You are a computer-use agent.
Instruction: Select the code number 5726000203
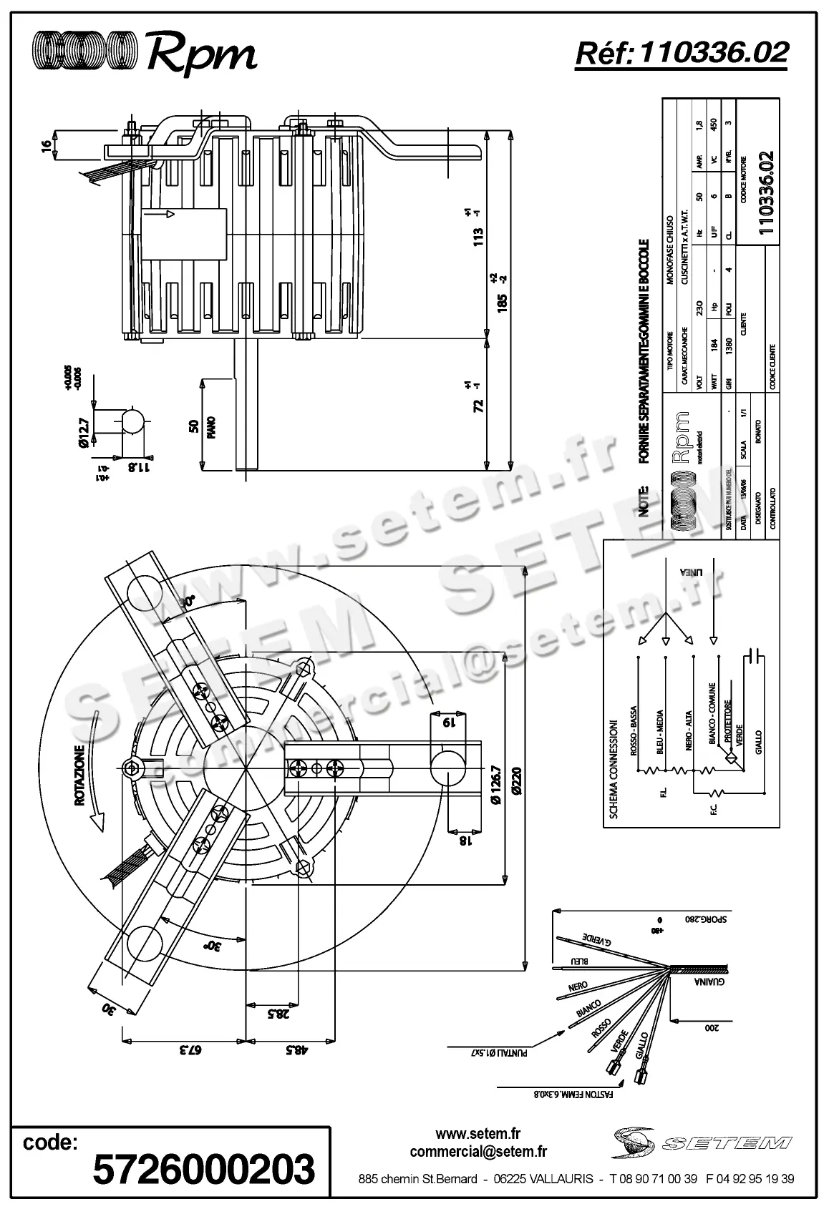click(x=204, y=1168)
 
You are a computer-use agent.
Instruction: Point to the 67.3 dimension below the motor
click(x=191, y=1049)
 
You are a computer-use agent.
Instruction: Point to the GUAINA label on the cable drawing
click(x=709, y=982)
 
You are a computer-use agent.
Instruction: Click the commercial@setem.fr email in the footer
click(x=478, y=1152)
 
